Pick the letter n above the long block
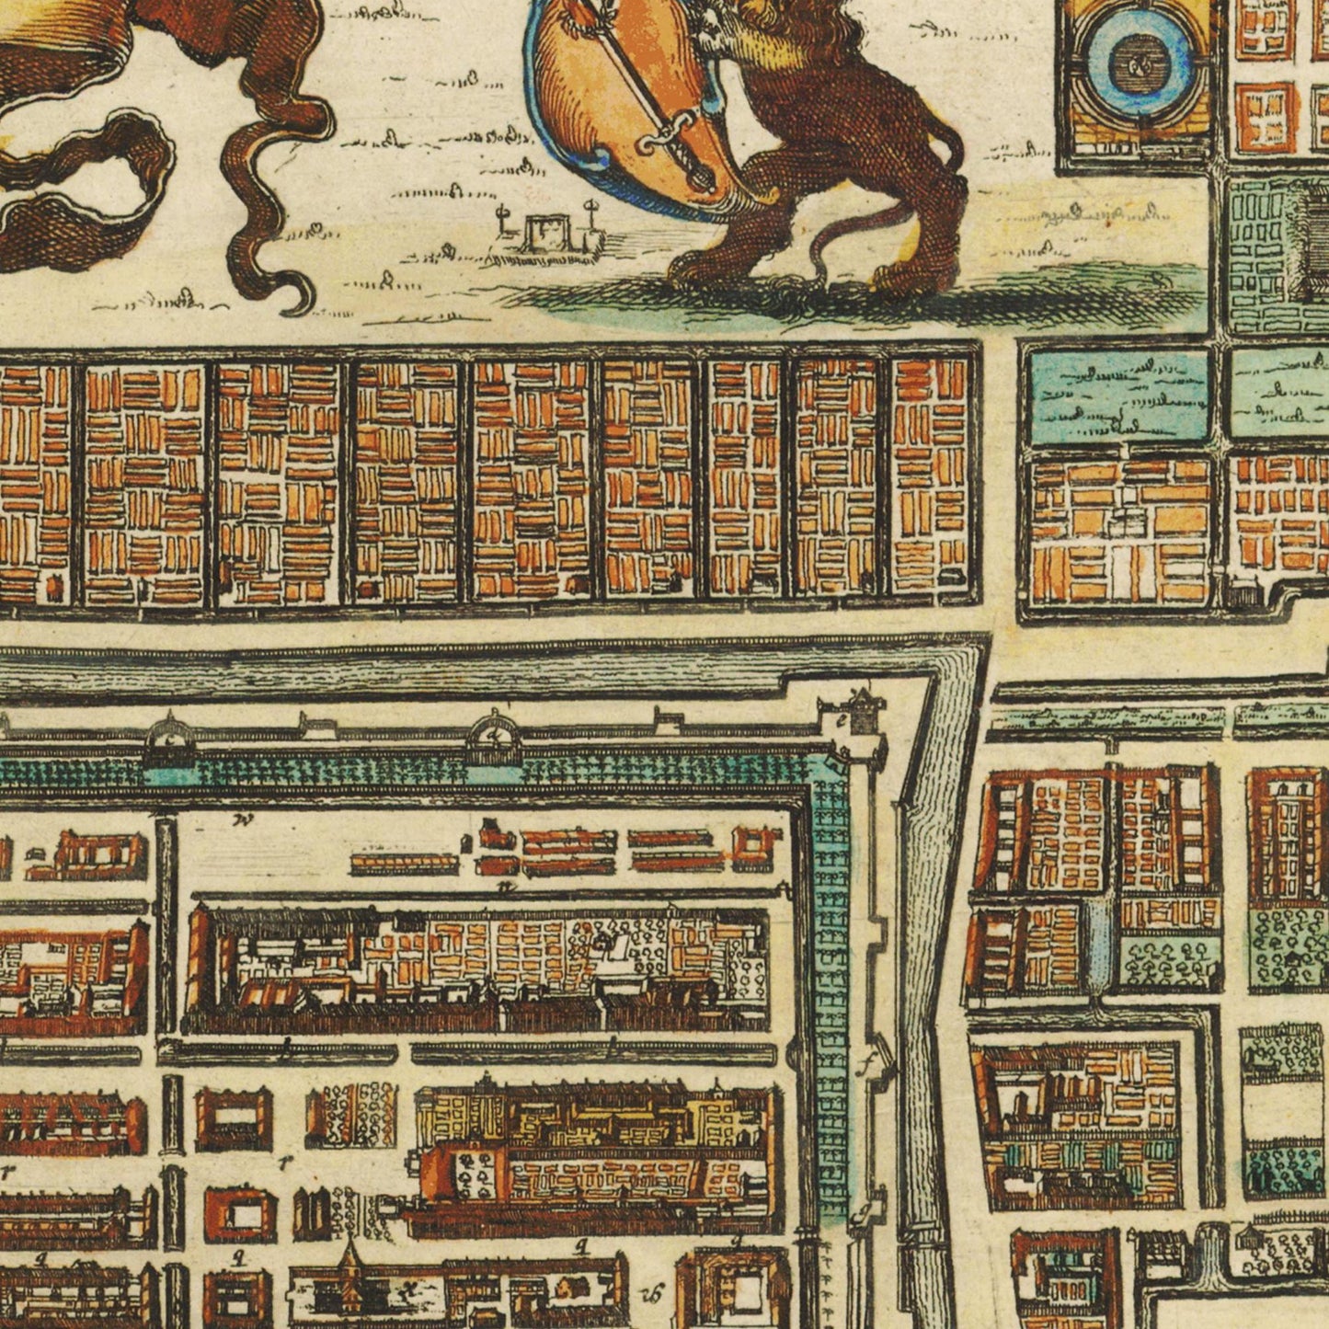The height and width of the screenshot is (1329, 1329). coord(503,886)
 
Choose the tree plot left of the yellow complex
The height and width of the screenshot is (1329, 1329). coord(355,1112)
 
